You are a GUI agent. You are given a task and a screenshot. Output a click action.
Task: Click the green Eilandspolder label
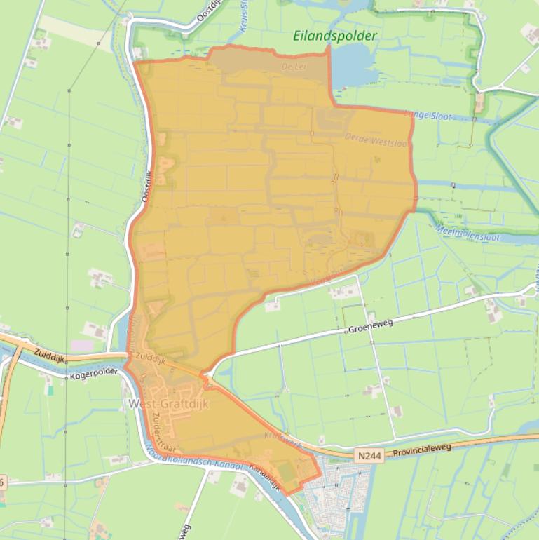[335, 36]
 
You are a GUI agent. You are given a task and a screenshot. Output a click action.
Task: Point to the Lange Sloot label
[429, 116]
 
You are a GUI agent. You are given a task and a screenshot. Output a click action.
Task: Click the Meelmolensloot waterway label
[468, 233]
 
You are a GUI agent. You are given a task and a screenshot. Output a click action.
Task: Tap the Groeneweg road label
[367, 328]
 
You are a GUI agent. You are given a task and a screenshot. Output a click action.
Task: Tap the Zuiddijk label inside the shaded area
[151, 358]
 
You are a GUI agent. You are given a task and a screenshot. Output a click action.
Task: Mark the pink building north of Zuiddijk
[82, 345]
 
